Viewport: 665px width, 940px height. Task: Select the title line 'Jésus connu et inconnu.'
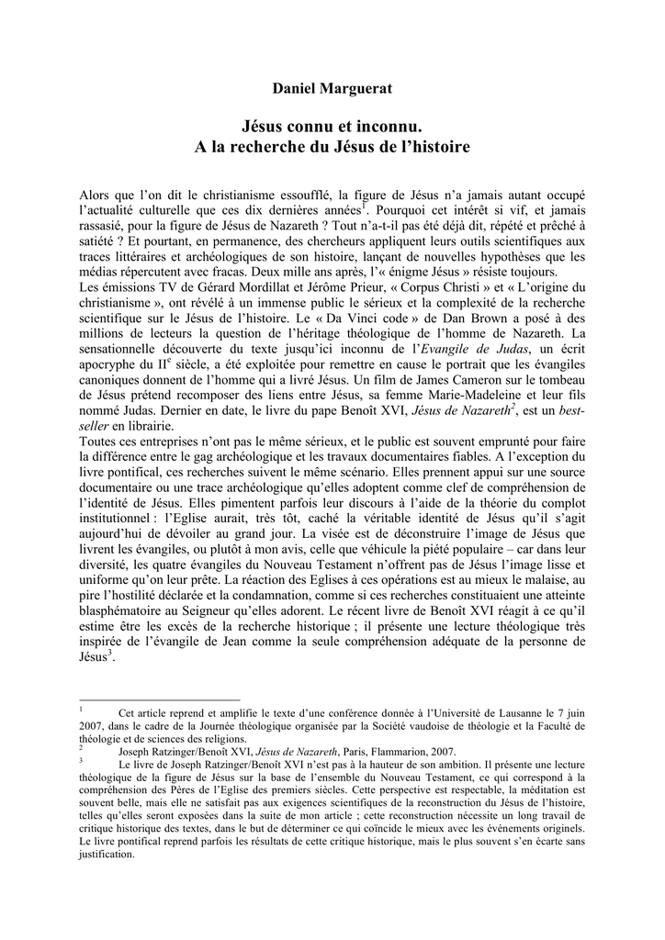tap(332, 123)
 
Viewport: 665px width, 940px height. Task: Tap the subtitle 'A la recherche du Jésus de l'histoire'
tap(332, 146)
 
